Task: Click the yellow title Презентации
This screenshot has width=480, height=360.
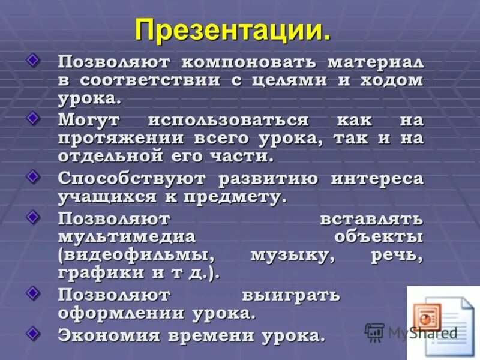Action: click(x=233, y=29)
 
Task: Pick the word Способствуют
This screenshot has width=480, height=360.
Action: click(x=133, y=178)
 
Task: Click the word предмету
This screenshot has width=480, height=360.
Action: click(x=235, y=196)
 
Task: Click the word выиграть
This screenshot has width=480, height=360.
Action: click(x=292, y=295)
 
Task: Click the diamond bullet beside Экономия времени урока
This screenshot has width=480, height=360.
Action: click(x=35, y=331)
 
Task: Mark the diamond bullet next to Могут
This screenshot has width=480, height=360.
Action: click(x=35, y=116)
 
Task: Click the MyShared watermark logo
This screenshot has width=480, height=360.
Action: click(x=412, y=332)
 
